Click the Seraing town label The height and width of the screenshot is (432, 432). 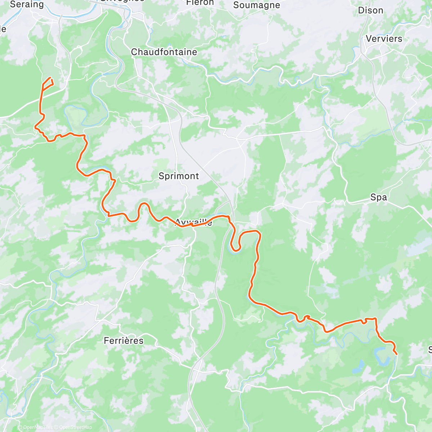coord(27,4)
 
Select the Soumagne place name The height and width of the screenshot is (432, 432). coord(256,5)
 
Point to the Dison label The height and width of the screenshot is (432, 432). coord(370,10)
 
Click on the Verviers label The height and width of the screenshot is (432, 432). coord(384,39)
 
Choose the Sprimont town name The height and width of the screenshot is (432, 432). coord(179,176)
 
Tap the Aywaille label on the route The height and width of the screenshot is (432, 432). coord(194,222)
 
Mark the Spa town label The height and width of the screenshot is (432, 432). coord(378,197)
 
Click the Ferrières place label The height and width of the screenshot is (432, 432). coord(123,341)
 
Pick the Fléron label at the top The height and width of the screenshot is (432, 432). coord(200,3)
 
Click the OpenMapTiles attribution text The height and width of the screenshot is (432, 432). coord(36,427)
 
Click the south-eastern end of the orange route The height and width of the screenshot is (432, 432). coord(396,354)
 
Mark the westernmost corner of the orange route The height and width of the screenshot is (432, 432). coord(35,127)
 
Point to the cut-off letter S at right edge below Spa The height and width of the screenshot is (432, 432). coord(430,350)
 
